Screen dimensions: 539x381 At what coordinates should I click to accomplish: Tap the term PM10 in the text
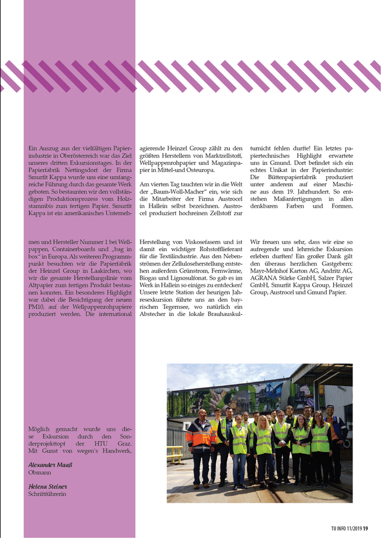38,307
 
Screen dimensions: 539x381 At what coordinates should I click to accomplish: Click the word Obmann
40,472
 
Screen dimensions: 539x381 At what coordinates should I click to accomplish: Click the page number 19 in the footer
366,528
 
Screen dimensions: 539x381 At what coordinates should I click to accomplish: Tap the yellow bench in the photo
174,454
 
